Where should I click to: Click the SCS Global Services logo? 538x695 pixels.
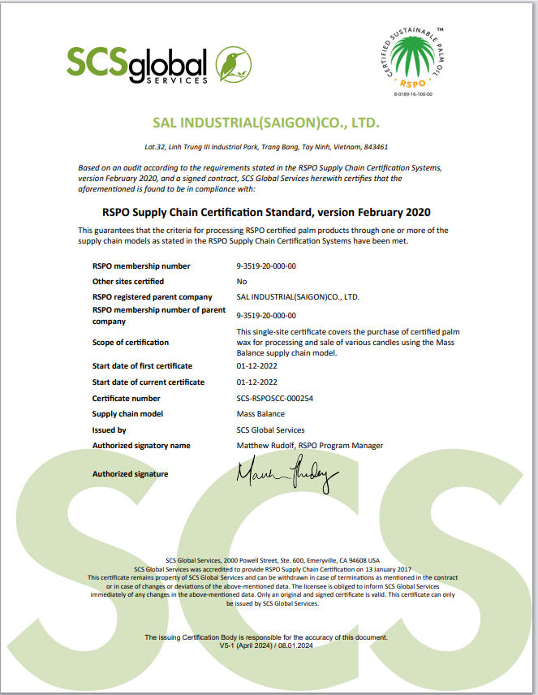click(x=159, y=64)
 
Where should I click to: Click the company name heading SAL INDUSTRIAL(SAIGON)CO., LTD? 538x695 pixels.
click(x=266, y=124)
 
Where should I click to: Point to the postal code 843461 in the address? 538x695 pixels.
click(x=374, y=148)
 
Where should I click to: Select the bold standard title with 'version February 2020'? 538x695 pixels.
click(x=266, y=212)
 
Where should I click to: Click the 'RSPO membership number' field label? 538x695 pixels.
click(x=141, y=266)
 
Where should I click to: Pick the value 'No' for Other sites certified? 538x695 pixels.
click(x=241, y=282)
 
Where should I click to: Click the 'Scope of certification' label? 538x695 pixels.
click(x=131, y=343)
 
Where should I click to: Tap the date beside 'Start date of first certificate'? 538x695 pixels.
click(x=256, y=366)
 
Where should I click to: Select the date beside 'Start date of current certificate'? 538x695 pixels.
click(x=256, y=382)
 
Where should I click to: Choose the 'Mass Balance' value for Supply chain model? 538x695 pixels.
click(x=260, y=414)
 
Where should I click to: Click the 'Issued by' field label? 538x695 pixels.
click(x=110, y=430)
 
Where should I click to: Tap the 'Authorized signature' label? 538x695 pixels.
click(x=131, y=474)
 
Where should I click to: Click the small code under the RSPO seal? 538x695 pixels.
click(x=413, y=94)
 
